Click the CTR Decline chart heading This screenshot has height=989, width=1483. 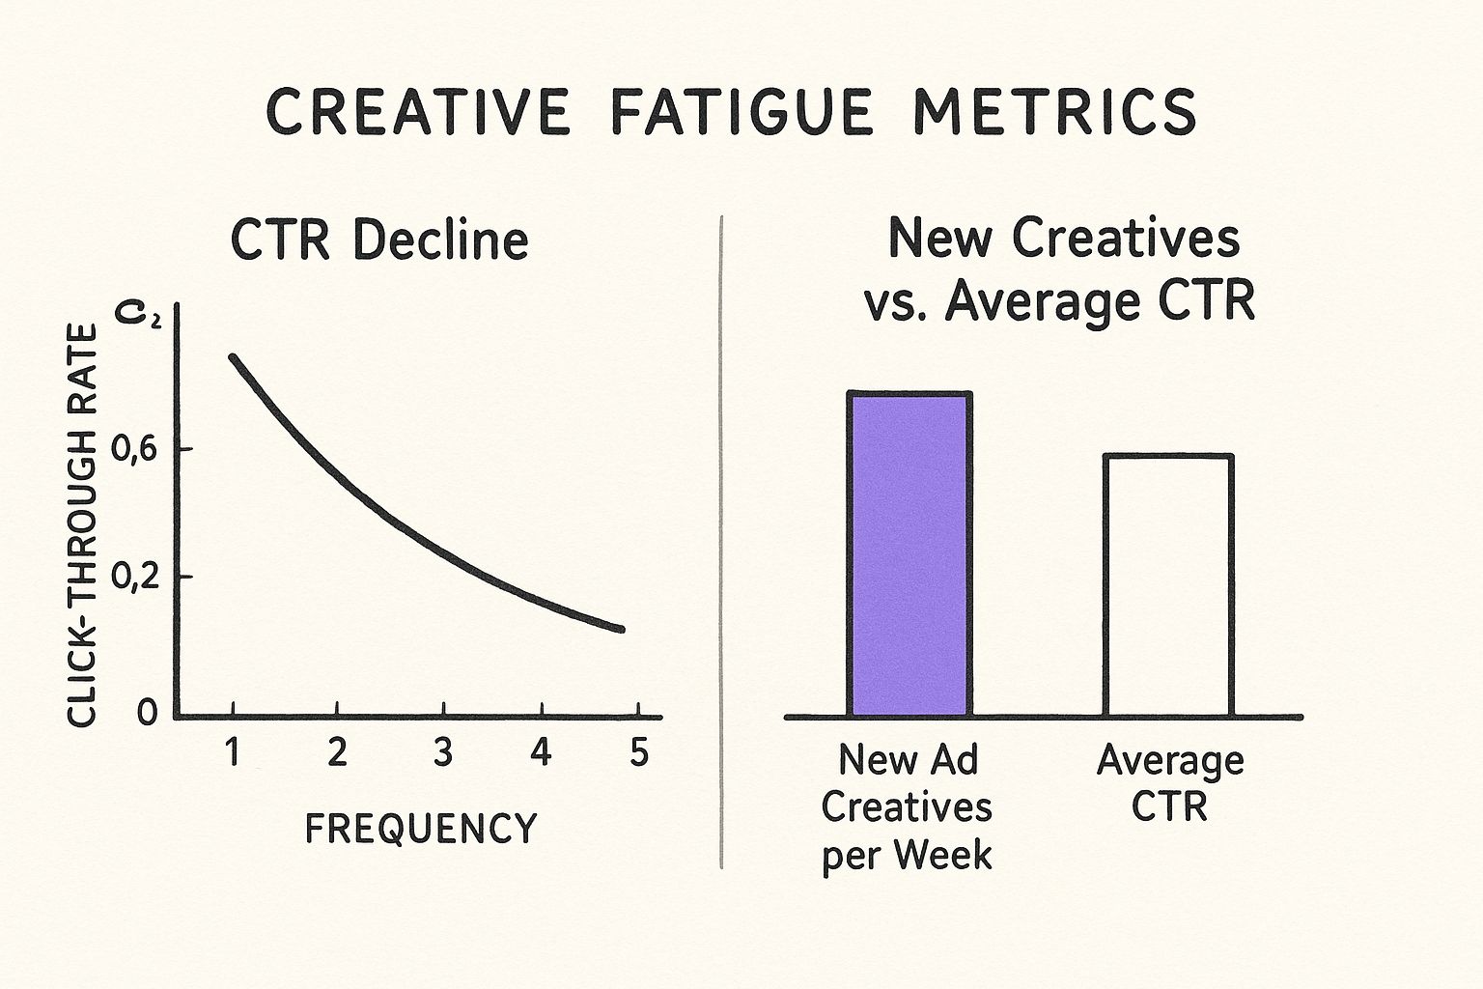click(x=379, y=240)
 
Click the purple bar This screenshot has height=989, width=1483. click(x=909, y=554)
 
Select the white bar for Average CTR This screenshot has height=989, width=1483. click(x=1169, y=585)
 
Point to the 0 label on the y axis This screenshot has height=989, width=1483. click(x=147, y=714)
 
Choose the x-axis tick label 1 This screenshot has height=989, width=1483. click(x=232, y=751)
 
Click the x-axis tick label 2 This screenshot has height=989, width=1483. click(x=336, y=751)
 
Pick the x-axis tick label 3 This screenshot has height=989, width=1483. click(x=442, y=751)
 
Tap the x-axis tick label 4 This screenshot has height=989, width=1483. click(x=541, y=751)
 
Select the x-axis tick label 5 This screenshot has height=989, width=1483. click(x=638, y=751)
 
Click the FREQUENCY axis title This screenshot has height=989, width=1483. click(x=421, y=829)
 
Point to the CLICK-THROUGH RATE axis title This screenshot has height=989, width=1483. click(x=83, y=525)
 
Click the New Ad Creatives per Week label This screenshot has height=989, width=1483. click(x=907, y=807)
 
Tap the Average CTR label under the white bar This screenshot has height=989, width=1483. click(x=1169, y=783)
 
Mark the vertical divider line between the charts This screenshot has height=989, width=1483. click(x=722, y=541)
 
